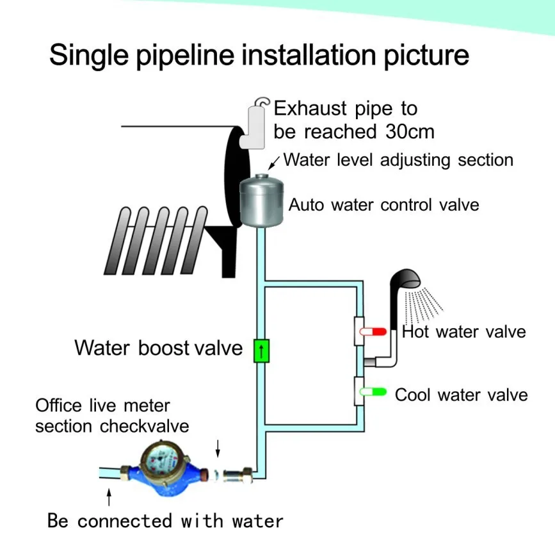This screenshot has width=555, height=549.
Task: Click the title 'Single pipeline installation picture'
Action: [x=259, y=56]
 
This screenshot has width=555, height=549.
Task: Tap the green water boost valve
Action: [x=262, y=351]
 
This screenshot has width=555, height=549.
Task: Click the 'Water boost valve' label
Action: [x=158, y=348]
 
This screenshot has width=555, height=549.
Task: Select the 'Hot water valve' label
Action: [x=463, y=332]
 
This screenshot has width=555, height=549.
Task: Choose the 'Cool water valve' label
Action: [x=461, y=394]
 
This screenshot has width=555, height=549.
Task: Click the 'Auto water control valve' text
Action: [x=383, y=206]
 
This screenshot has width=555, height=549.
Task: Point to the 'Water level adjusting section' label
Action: [x=398, y=160]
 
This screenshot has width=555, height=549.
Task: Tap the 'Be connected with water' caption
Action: [x=165, y=520]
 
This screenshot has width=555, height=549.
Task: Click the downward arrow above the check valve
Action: [x=218, y=447]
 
